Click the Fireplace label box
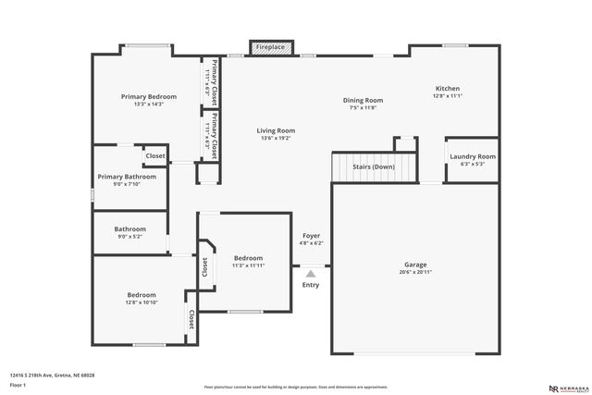(x=271, y=46)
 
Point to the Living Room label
(x=276, y=130)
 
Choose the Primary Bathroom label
(x=127, y=176)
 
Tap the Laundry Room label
(x=473, y=156)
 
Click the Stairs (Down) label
(x=374, y=167)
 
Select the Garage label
(x=415, y=264)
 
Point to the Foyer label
(x=312, y=236)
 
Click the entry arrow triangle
(x=311, y=273)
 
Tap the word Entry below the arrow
(x=311, y=285)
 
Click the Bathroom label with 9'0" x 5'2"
(x=129, y=228)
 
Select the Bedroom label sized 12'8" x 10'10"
(x=141, y=294)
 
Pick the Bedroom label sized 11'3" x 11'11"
(x=248, y=258)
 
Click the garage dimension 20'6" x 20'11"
(x=415, y=272)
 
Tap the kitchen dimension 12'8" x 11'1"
(x=448, y=95)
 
